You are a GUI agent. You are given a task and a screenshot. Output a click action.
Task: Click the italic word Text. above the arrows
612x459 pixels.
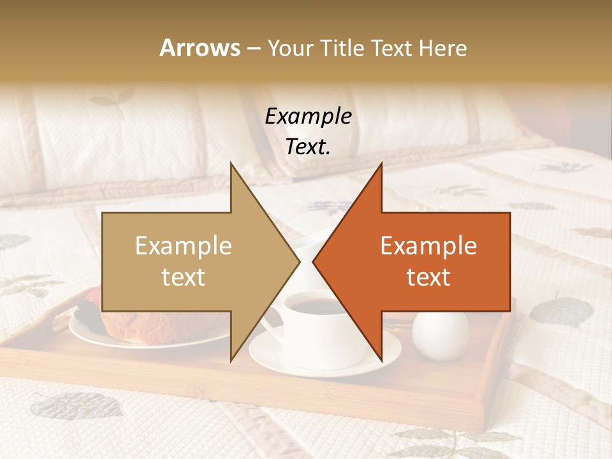tap(308, 147)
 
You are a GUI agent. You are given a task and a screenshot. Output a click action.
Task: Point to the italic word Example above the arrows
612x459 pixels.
tap(308, 117)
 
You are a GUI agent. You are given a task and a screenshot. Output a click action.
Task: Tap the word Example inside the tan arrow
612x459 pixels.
tap(184, 246)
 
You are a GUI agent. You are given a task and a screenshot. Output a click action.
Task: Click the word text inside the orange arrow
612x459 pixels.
tap(428, 277)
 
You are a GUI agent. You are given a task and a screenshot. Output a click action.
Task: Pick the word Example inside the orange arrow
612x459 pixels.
tap(428, 246)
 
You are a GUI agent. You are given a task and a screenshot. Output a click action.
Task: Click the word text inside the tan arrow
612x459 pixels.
tap(184, 277)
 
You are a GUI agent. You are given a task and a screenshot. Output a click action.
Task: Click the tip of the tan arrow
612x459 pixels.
tap(298, 261)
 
